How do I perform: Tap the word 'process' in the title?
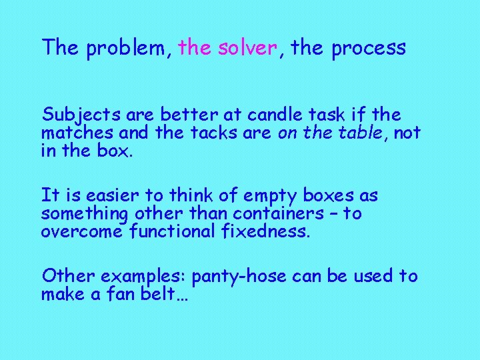[369, 48]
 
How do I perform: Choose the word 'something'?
[85, 214]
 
